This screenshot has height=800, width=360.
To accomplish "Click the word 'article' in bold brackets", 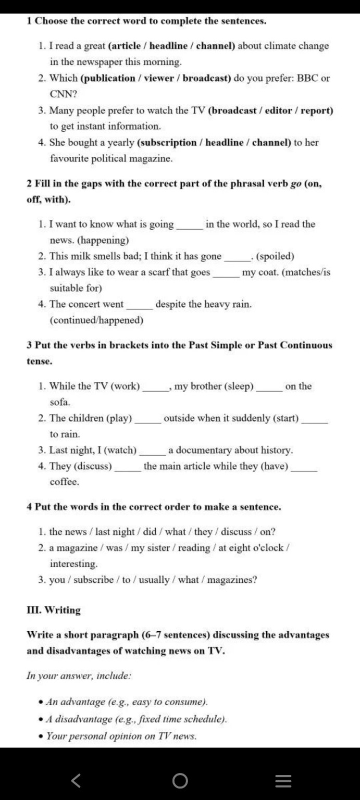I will pos(127,46).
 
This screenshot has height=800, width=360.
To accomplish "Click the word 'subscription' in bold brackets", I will pos(167,143).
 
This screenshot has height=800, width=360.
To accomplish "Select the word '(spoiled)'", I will pos(276,256).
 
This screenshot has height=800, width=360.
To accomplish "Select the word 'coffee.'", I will pos(65,482).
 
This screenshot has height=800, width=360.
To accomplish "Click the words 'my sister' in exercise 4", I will pos(147,548).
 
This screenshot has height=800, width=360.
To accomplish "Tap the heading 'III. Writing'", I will pos(54,610).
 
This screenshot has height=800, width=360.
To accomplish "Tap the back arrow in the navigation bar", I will pos(76,780).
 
